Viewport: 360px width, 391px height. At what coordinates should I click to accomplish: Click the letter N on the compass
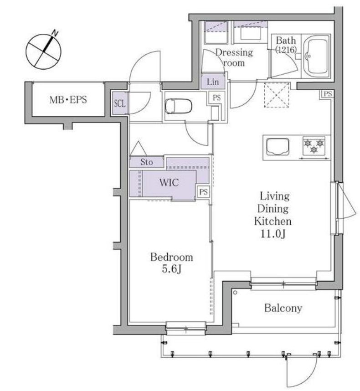click(55, 33)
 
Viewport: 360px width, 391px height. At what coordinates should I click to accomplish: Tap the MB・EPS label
click(68, 100)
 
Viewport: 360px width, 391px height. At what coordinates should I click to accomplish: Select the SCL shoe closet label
click(120, 103)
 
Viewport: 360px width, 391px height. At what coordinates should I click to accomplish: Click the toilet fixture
click(179, 106)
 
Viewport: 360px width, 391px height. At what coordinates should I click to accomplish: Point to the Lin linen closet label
click(213, 82)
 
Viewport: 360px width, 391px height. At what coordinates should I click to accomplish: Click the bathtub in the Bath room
click(316, 56)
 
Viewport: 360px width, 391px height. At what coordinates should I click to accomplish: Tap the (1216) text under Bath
click(286, 50)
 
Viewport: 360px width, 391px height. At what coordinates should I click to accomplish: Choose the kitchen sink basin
click(278, 147)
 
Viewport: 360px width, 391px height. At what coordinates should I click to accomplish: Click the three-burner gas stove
click(314, 145)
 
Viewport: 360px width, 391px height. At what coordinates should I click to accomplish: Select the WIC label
click(169, 183)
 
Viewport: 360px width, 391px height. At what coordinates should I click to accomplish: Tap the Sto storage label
click(147, 162)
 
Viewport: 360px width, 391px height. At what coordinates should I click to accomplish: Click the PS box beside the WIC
click(203, 192)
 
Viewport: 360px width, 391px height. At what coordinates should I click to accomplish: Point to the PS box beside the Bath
click(327, 94)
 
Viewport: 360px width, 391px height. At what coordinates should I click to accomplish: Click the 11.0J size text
click(273, 234)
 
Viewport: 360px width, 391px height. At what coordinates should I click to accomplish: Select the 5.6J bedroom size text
click(171, 269)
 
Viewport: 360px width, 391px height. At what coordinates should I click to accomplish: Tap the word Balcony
click(283, 308)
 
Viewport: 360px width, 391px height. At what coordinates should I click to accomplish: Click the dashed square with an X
click(277, 95)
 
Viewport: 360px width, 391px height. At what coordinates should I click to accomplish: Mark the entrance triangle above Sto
click(138, 149)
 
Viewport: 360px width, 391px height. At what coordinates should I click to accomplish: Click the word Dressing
click(234, 53)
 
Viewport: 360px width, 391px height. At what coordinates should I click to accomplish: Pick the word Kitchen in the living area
click(273, 221)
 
